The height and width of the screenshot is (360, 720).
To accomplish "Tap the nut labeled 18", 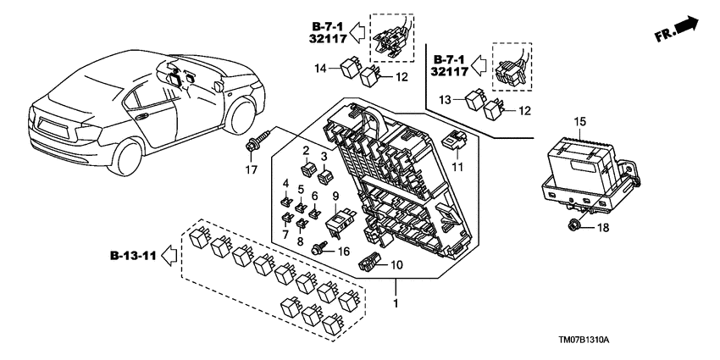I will click(x=573, y=224).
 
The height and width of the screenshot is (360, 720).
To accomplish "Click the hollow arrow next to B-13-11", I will click(x=169, y=253).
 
